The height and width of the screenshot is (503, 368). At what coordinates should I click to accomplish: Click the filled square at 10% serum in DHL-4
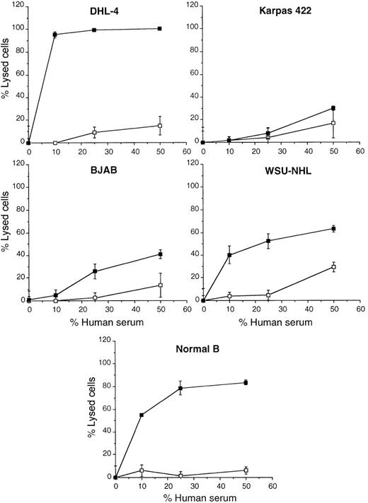(x=55, y=34)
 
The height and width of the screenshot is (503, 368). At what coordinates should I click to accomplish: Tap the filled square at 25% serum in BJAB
(x=95, y=271)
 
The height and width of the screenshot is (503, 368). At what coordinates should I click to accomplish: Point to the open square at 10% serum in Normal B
(x=142, y=470)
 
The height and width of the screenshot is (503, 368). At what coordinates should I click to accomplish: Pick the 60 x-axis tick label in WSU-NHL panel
(x=360, y=309)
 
